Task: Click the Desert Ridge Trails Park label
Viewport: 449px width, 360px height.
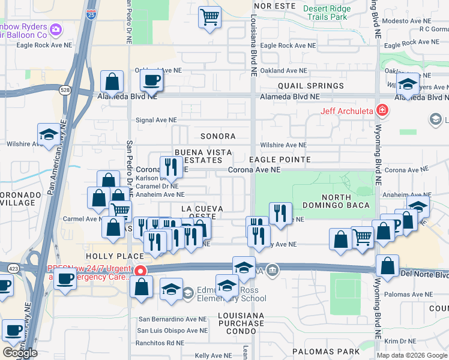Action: coord(325,13)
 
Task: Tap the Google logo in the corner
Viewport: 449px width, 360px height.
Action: coord(19,353)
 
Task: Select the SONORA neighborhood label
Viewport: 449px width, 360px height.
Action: coord(218,136)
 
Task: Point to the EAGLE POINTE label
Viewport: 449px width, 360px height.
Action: coord(280,160)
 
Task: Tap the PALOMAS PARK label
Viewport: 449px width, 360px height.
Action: coord(325,351)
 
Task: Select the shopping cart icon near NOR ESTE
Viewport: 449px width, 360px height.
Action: coord(209,17)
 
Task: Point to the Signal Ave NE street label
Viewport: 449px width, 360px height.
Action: coord(157,120)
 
